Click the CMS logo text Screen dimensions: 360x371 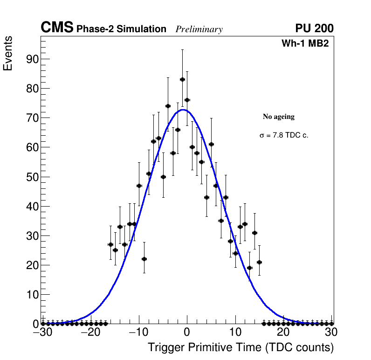pos(57,28)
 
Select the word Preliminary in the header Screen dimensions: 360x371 pos(199,29)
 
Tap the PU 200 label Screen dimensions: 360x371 pos(314,28)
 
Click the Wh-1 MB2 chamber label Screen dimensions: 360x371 pos(305,44)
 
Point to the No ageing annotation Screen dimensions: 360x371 pos(279,117)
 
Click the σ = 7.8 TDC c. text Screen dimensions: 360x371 pos(284,136)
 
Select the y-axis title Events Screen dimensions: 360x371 pos(8,53)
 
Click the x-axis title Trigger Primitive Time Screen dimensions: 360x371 pos(240,347)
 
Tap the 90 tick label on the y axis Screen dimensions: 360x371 pos(31,59)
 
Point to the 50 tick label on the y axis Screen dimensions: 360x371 pos(31,177)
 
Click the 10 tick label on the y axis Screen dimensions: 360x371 pos(31,295)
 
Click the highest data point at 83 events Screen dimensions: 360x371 pos(182,79)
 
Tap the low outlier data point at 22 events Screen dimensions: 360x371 pos(144,259)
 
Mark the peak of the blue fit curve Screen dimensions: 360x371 pos(183,110)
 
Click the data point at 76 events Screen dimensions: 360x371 pos(187,100)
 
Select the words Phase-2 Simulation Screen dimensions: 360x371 pos(121,29)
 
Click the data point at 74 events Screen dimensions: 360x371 pos(168,106)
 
